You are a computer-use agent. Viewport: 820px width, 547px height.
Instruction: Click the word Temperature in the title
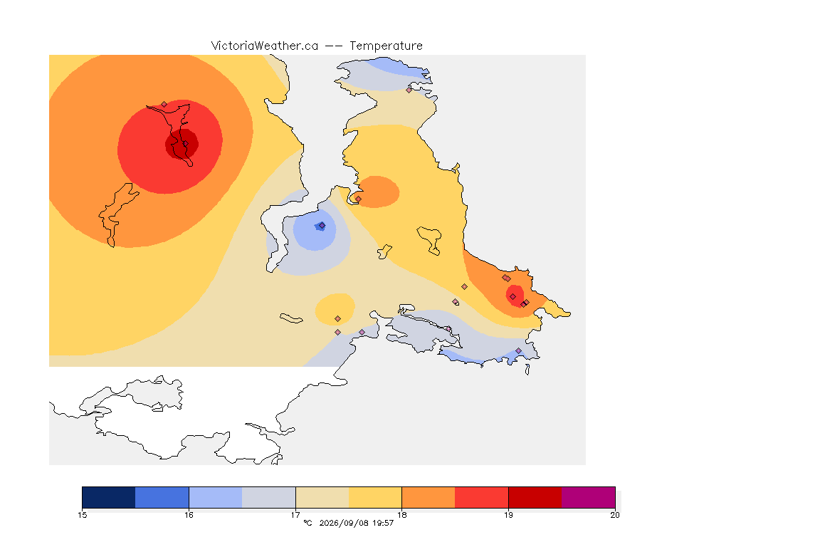pos(386,46)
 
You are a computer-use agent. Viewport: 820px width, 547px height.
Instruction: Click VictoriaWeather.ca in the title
pos(265,46)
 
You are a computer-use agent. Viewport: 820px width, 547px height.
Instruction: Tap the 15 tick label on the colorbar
pos(82,515)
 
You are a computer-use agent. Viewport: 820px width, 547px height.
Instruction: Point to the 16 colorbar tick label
pos(189,515)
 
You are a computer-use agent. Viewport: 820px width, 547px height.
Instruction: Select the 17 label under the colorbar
pos(295,515)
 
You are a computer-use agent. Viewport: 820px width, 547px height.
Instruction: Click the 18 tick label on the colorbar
pos(401,515)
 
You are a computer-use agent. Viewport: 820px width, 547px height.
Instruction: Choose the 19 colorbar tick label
pos(508,515)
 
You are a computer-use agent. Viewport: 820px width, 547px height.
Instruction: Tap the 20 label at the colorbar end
pos(615,515)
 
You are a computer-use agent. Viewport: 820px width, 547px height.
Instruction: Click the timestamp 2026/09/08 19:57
pos(356,523)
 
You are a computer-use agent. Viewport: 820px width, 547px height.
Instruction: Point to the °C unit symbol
pos(307,523)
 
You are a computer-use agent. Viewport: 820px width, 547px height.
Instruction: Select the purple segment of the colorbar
pos(589,497)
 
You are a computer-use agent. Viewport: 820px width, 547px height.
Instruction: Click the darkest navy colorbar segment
pos(109,497)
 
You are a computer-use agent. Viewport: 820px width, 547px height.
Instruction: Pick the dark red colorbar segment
pos(535,497)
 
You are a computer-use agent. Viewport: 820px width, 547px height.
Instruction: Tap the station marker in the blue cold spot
pos(322,226)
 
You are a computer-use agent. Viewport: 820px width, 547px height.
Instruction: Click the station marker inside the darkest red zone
pos(184,144)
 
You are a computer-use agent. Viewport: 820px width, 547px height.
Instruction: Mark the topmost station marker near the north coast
pos(409,90)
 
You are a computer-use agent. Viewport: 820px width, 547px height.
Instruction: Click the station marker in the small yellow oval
pos(338,319)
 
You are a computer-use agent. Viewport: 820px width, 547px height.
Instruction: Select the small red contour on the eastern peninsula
pos(515,296)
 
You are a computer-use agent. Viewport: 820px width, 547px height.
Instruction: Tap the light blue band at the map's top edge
pos(395,66)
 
